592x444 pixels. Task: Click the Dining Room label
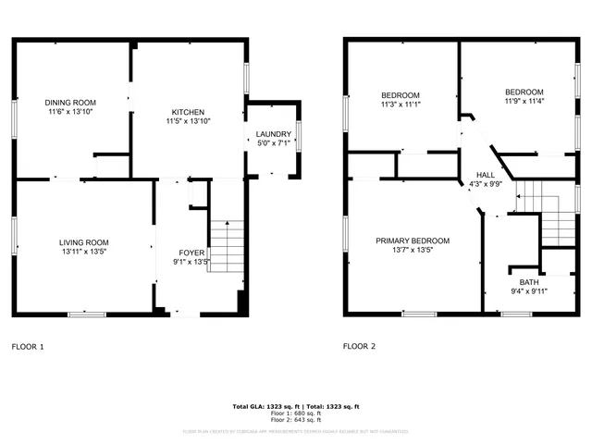click(x=71, y=102)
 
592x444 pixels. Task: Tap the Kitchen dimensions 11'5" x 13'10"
click(x=189, y=121)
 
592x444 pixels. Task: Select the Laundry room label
click(x=273, y=133)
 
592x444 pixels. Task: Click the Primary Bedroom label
click(x=413, y=240)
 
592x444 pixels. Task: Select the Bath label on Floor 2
click(x=528, y=282)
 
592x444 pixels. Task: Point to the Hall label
click(x=486, y=174)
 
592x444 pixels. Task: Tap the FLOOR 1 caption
click(x=27, y=347)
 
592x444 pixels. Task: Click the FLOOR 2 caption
click(x=360, y=347)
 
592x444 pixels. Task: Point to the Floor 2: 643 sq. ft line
click(x=295, y=421)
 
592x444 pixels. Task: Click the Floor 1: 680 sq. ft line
click(x=295, y=414)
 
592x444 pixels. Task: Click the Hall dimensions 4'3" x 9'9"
click(x=486, y=183)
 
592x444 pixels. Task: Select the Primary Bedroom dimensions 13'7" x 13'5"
click(x=413, y=250)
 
